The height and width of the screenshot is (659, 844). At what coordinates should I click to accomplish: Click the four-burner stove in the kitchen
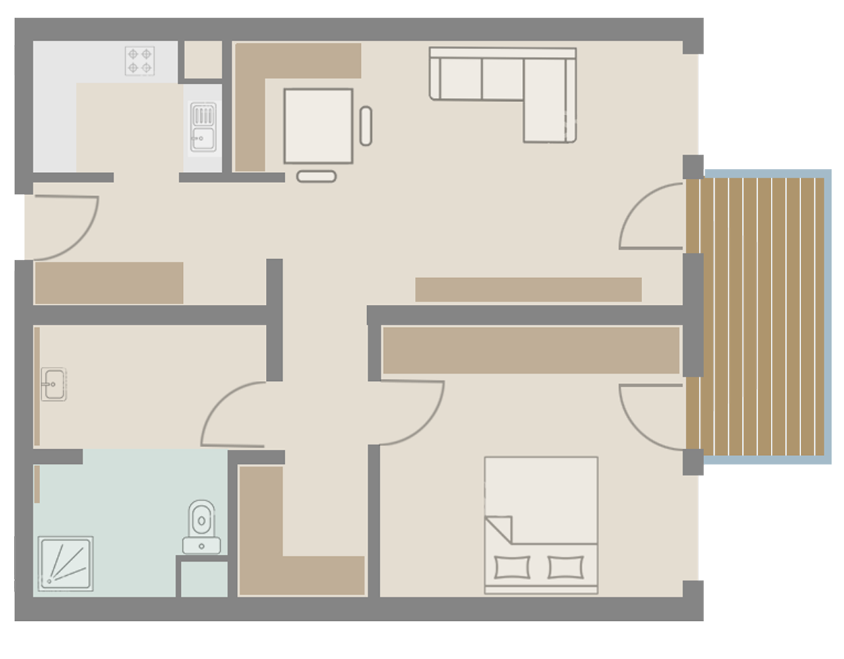tap(139, 61)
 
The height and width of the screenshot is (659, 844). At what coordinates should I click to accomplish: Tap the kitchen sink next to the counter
tap(203, 127)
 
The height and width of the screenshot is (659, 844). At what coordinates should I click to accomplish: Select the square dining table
tap(318, 126)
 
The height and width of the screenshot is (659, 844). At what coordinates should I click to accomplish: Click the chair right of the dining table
tap(366, 126)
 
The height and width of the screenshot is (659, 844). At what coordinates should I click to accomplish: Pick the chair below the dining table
tap(316, 176)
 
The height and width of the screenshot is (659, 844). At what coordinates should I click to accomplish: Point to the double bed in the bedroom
tap(541, 524)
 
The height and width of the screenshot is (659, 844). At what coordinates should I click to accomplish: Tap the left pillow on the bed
tap(513, 567)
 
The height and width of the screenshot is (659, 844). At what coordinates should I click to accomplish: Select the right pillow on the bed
tap(566, 567)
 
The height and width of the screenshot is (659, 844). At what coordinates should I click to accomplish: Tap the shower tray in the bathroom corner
tap(65, 564)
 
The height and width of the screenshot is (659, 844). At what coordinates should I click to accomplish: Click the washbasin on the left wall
tap(53, 384)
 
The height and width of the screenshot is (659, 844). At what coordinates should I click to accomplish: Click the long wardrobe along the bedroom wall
tap(531, 350)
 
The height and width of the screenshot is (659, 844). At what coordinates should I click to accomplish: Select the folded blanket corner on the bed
tap(499, 529)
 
